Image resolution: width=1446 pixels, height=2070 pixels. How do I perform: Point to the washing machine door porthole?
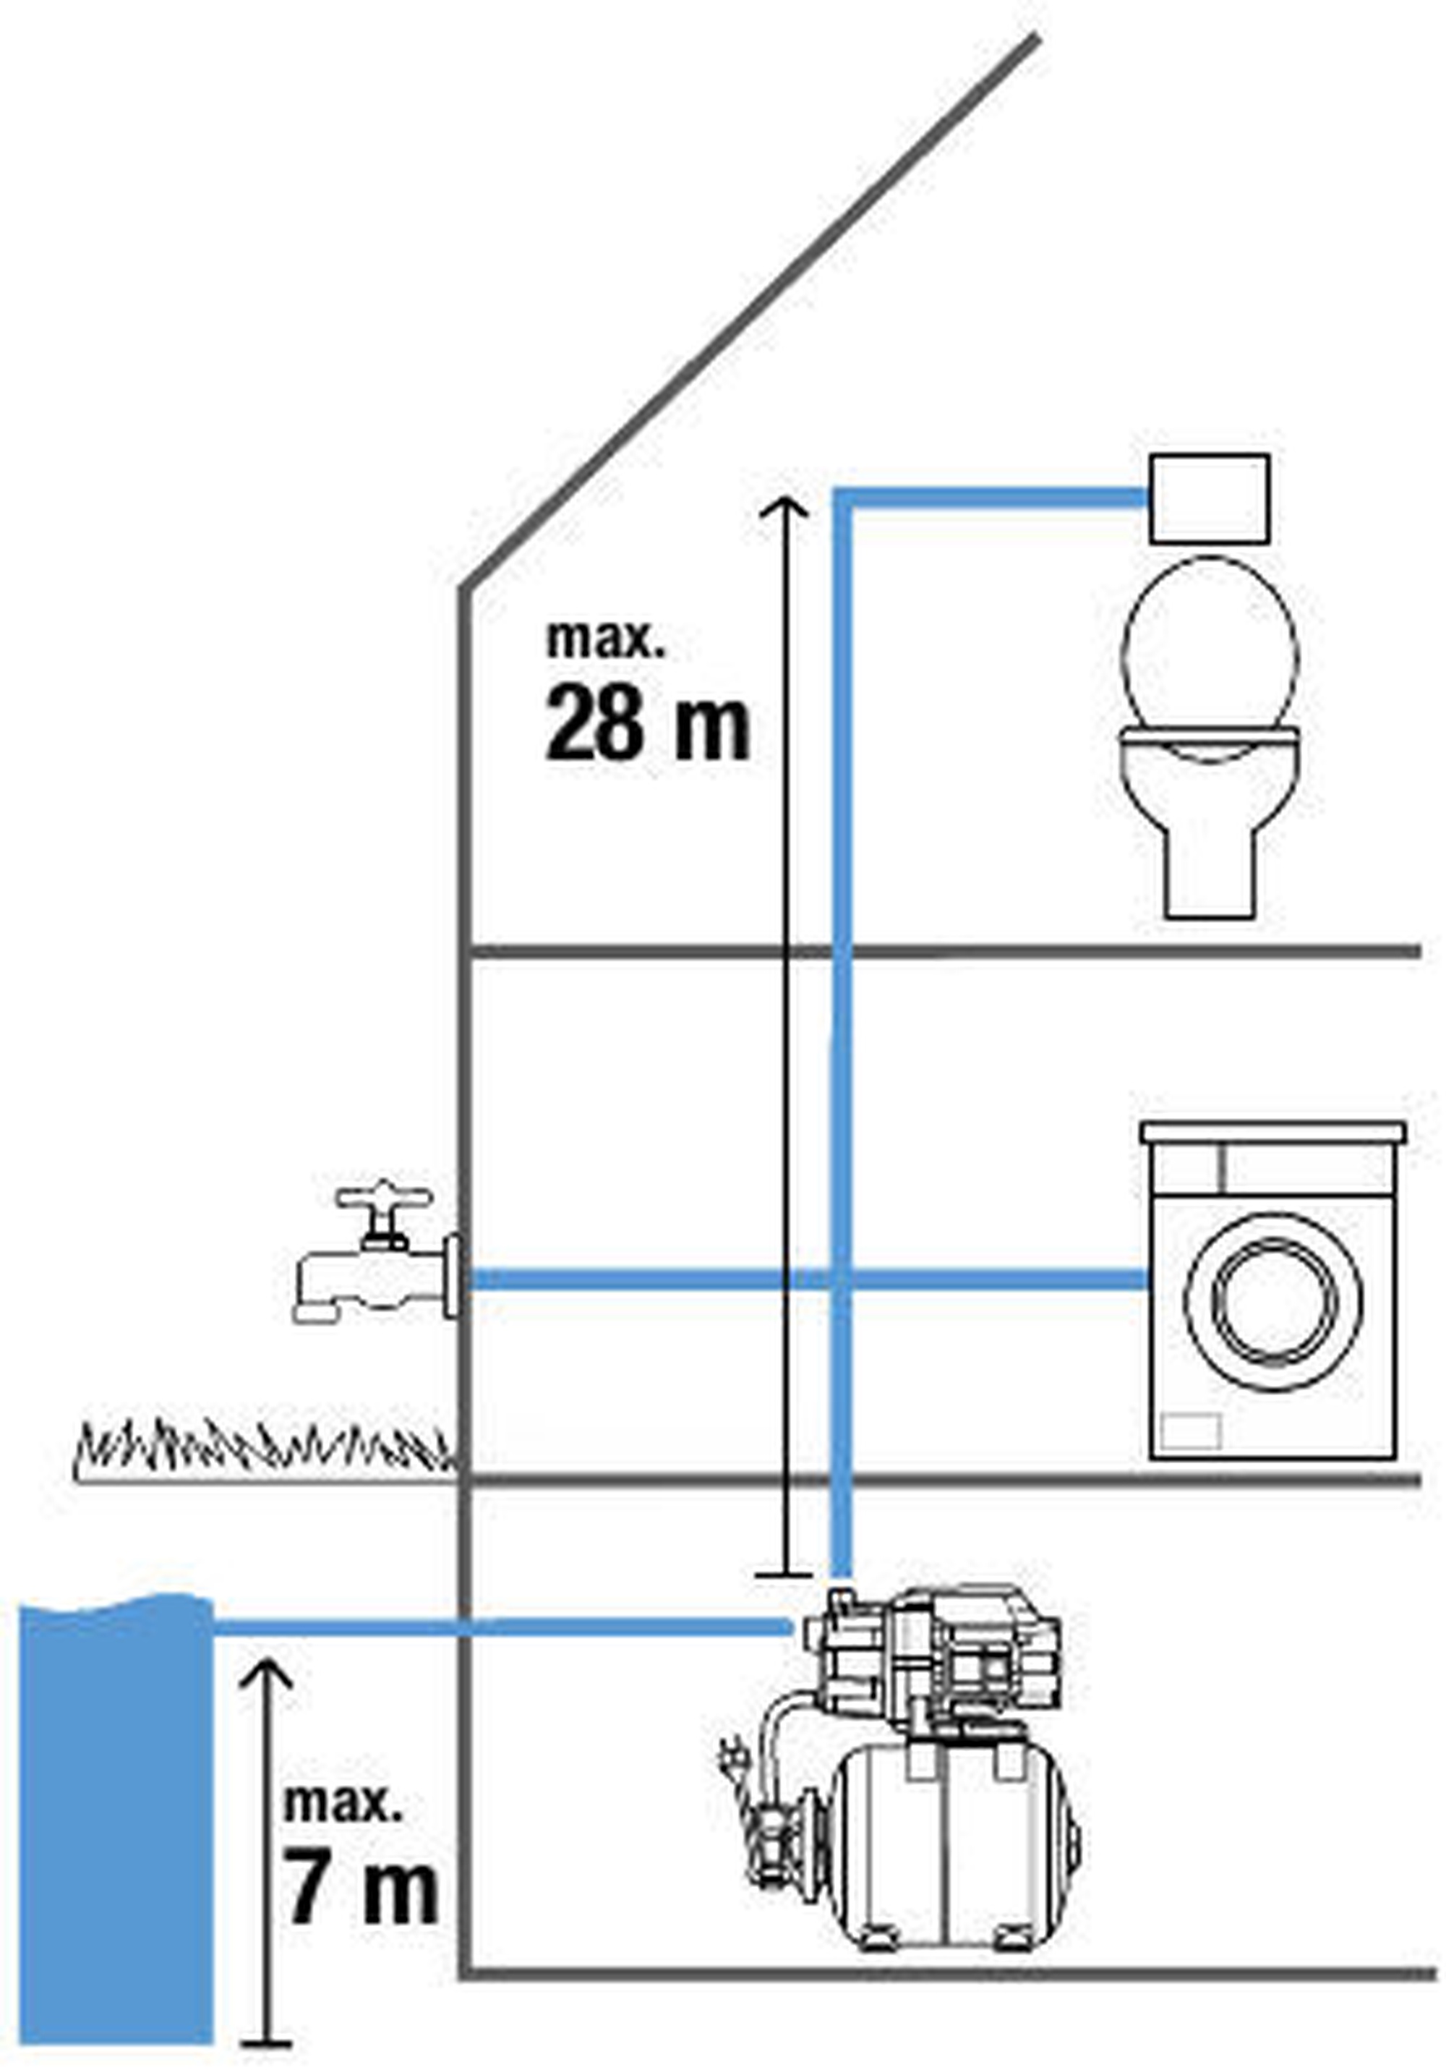click(x=1273, y=1302)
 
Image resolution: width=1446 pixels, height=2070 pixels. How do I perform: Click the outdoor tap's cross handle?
click(x=383, y=1199)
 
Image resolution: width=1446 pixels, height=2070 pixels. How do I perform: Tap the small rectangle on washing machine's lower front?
click(x=1189, y=1431)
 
